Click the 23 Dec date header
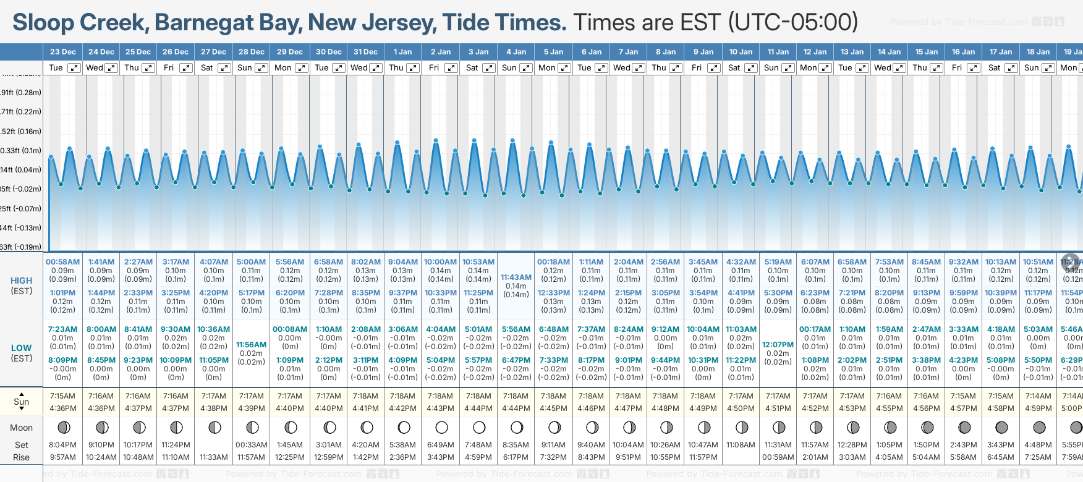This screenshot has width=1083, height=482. pyautogui.click(x=63, y=52)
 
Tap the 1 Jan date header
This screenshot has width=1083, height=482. pyautogui.click(x=402, y=52)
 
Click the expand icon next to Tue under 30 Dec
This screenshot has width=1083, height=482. pyautogui.click(x=338, y=68)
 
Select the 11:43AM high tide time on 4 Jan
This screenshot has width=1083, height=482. pyautogui.click(x=516, y=277)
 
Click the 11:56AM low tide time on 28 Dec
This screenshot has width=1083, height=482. pyautogui.click(x=252, y=345)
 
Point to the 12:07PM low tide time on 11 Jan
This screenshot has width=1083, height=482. pyautogui.click(x=778, y=345)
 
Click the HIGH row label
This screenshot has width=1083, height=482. pyautogui.click(x=22, y=281)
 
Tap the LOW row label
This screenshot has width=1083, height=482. pyautogui.click(x=22, y=348)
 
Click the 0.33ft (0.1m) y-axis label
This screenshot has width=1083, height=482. pyautogui.click(x=21, y=151)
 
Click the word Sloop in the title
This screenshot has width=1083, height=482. pyautogui.click(x=43, y=23)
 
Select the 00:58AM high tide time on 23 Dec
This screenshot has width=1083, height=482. pyautogui.click(x=63, y=262)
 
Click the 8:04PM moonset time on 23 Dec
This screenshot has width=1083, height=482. pyautogui.click(x=63, y=445)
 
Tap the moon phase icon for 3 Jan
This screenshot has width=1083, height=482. pyautogui.click(x=478, y=428)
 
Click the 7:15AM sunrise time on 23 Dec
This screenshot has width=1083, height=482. pyautogui.click(x=63, y=396)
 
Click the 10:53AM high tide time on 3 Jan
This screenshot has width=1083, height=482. pyautogui.click(x=478, y=262)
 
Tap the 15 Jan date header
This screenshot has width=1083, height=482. pyautogui.click(x=927, y=52)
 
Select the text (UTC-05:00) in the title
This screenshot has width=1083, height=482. pyautogui.click(x=793, y=23)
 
